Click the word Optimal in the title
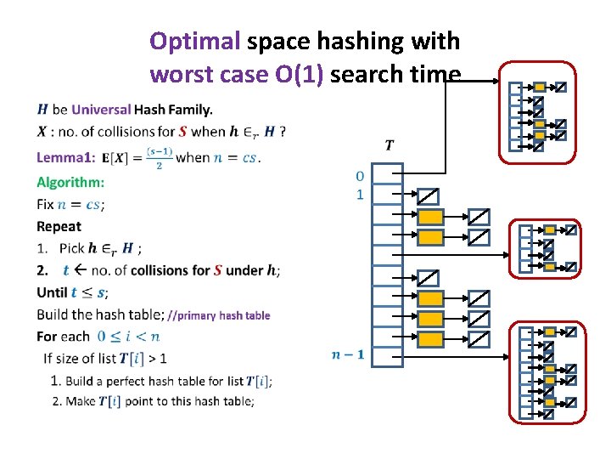pos(194,41)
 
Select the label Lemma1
pos(64,157)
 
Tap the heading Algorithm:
pos(70,182)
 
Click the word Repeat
pos(59,226)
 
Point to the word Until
pos(52,292)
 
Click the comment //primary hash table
pos(219,315)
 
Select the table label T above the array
pos(389,144)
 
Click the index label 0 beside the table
pos(360,176)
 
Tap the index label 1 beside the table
pos(360,195)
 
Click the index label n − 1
pos(348,354)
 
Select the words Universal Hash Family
pos(143,110)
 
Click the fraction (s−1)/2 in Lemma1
pos(159,158)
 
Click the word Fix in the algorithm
pos(46,204)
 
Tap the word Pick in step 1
pos(72,248)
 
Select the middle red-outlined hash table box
pos(547,248)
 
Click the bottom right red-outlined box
pos(547,371)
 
